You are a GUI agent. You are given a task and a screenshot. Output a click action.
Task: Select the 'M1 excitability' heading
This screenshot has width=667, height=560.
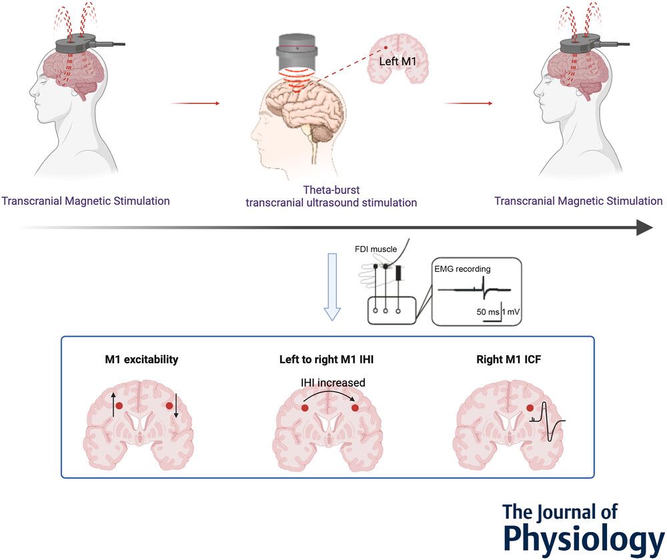[141, 359]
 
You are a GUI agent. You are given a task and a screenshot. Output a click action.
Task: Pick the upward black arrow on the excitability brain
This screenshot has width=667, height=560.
[113, 405]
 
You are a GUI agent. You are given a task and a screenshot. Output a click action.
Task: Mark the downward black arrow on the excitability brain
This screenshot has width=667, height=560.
[176, 405]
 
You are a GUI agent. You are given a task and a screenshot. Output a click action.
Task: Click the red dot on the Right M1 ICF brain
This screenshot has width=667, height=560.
[530, 408]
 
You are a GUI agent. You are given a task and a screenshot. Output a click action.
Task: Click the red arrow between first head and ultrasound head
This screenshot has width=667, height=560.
[195, 103]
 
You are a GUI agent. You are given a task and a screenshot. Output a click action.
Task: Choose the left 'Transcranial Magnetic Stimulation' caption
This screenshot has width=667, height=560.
[85, 200]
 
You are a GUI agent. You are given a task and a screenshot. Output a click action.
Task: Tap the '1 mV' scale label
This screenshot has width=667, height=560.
[511, 312]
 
